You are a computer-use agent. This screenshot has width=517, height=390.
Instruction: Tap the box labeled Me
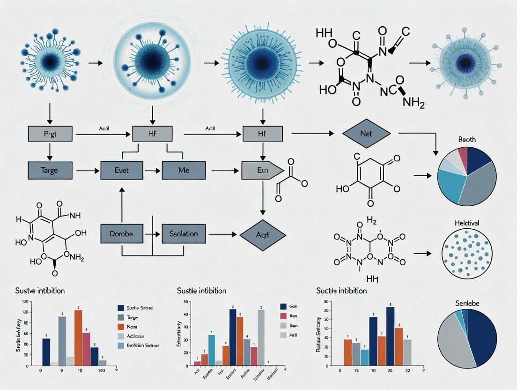183,170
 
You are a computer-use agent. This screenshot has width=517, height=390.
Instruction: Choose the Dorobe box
121,233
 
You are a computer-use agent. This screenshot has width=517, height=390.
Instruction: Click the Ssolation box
183,233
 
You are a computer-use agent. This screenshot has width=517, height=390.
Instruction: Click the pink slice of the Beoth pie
462,154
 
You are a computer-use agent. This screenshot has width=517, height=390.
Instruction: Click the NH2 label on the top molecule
414,103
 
